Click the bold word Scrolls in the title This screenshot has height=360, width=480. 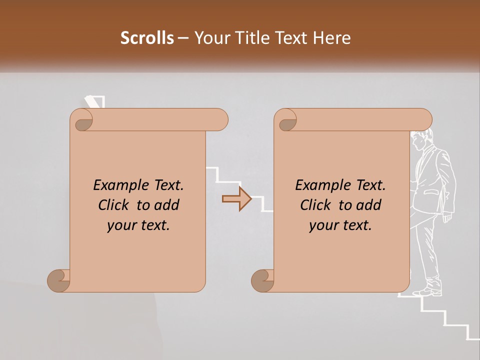click(147, 38)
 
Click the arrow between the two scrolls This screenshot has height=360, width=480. click(236, 199)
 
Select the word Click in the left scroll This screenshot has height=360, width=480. click(115, 205)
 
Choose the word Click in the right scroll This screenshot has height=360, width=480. click(317, 205)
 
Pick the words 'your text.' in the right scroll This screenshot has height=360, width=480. click(340, 225)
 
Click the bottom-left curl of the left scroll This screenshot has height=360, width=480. click(58, 280)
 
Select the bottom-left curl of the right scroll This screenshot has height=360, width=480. click(262, 280)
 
